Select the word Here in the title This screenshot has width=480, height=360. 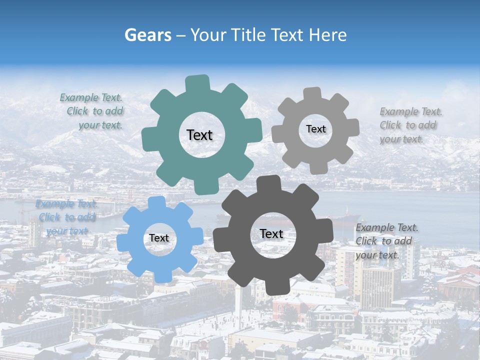tap(327, 35)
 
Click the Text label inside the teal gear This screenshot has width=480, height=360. tap(199, 135)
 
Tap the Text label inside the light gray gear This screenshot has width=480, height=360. tap(315, 129)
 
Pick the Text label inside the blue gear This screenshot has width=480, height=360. tap(159, 238)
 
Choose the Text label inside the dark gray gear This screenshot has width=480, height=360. tap(271, 234)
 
